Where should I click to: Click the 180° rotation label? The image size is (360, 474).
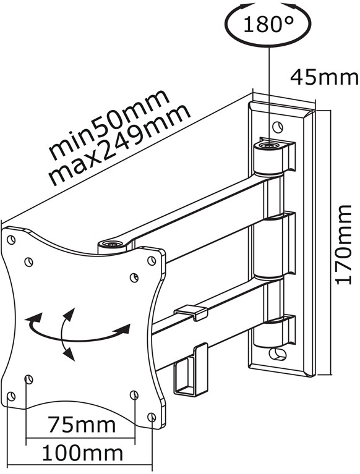(268, 24)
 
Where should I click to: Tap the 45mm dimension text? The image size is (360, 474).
(324, 77)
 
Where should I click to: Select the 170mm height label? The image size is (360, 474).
(344, 245)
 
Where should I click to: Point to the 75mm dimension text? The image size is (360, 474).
(82, 425)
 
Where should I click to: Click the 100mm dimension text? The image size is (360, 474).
(82, 453)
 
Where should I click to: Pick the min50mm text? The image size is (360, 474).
(108, 125)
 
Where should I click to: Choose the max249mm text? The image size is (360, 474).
(119, 145)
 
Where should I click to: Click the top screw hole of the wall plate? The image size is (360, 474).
(277, 127)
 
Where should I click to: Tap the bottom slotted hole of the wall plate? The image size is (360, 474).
(278, 353)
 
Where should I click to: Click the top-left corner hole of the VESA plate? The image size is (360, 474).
(11, 240)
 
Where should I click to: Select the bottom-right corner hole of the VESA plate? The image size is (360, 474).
(152, 417)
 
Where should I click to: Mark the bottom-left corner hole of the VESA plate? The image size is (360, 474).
(11, 396)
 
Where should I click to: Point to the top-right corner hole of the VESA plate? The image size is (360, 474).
(152, 260)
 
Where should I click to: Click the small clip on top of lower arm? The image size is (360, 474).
(191, 313)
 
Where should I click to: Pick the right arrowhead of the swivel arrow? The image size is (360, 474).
(124, 329)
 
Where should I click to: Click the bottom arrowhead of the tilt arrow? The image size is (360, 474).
(69, 353)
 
